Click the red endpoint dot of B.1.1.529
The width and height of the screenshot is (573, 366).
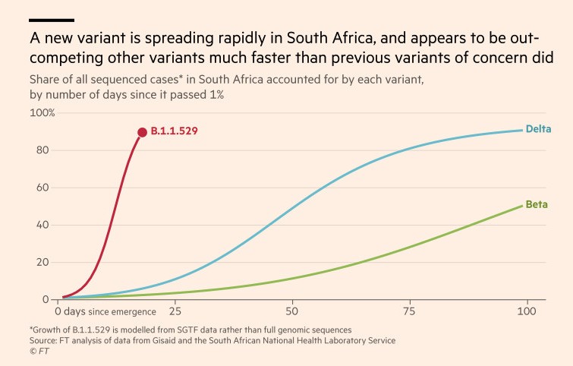coord(142,132)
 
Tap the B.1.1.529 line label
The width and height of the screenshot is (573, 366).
coord(174,132)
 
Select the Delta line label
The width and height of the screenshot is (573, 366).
coord(538,129)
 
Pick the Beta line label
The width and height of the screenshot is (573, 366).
coord(537,205)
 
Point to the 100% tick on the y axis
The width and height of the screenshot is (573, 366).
coord(42,113)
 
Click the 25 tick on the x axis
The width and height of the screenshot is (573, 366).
coord(176,311)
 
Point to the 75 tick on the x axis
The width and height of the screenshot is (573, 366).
coord(410,311)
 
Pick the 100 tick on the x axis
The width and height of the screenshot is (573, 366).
coord(526,311)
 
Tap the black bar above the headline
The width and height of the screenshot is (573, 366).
coord(52,20)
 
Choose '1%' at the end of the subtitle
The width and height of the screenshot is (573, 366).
coord(214,95)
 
